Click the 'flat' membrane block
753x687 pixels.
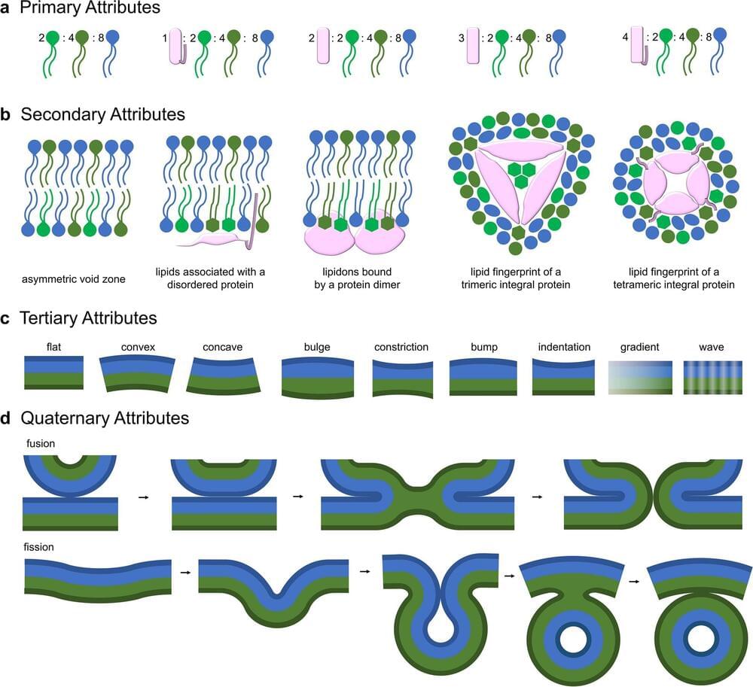(x=53, y=372)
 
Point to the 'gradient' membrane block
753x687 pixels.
(x=639, y=376)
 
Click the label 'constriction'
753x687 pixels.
(x=401, y=348)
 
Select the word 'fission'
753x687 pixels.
(x=39, y=547)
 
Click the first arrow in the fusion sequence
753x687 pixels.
(x=143, y=497)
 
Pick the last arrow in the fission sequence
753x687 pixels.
(x=635, y=580)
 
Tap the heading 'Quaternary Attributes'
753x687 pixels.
(x=105, y=417)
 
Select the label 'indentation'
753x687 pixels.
(x=564, y=348)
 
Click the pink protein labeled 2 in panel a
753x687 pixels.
(x=325, y=44)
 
